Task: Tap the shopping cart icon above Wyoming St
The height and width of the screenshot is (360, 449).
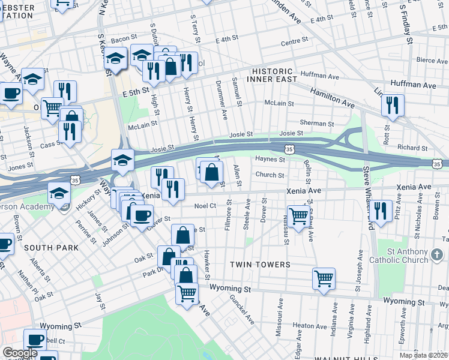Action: tap(324, 279)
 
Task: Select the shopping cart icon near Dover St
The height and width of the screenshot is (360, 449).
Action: tap(298, 217)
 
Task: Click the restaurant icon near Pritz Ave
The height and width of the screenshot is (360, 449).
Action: tap(381, 211)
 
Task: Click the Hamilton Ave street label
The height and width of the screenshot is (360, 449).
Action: tap(332, 97)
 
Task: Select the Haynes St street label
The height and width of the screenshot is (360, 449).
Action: tap(269, 160)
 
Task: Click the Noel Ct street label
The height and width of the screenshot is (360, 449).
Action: tap(205, 206)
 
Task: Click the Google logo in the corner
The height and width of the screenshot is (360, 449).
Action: tap(20, 353)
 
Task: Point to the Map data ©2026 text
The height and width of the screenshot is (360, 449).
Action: tap(423, 355)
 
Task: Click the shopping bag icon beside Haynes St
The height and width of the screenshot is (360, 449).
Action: tap(212, 173)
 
